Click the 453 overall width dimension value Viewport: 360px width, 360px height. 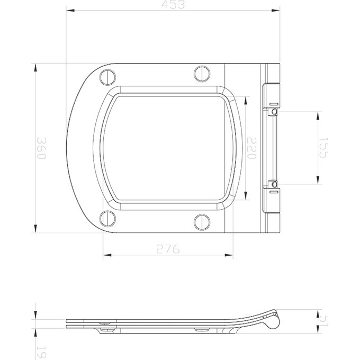click(173, 5)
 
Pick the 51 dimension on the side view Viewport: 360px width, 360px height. click(324, 321)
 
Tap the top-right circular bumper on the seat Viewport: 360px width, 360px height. click(202, 73)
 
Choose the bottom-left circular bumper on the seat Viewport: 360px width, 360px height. click(107, 218)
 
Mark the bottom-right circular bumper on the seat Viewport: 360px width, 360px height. click(202, 221)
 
